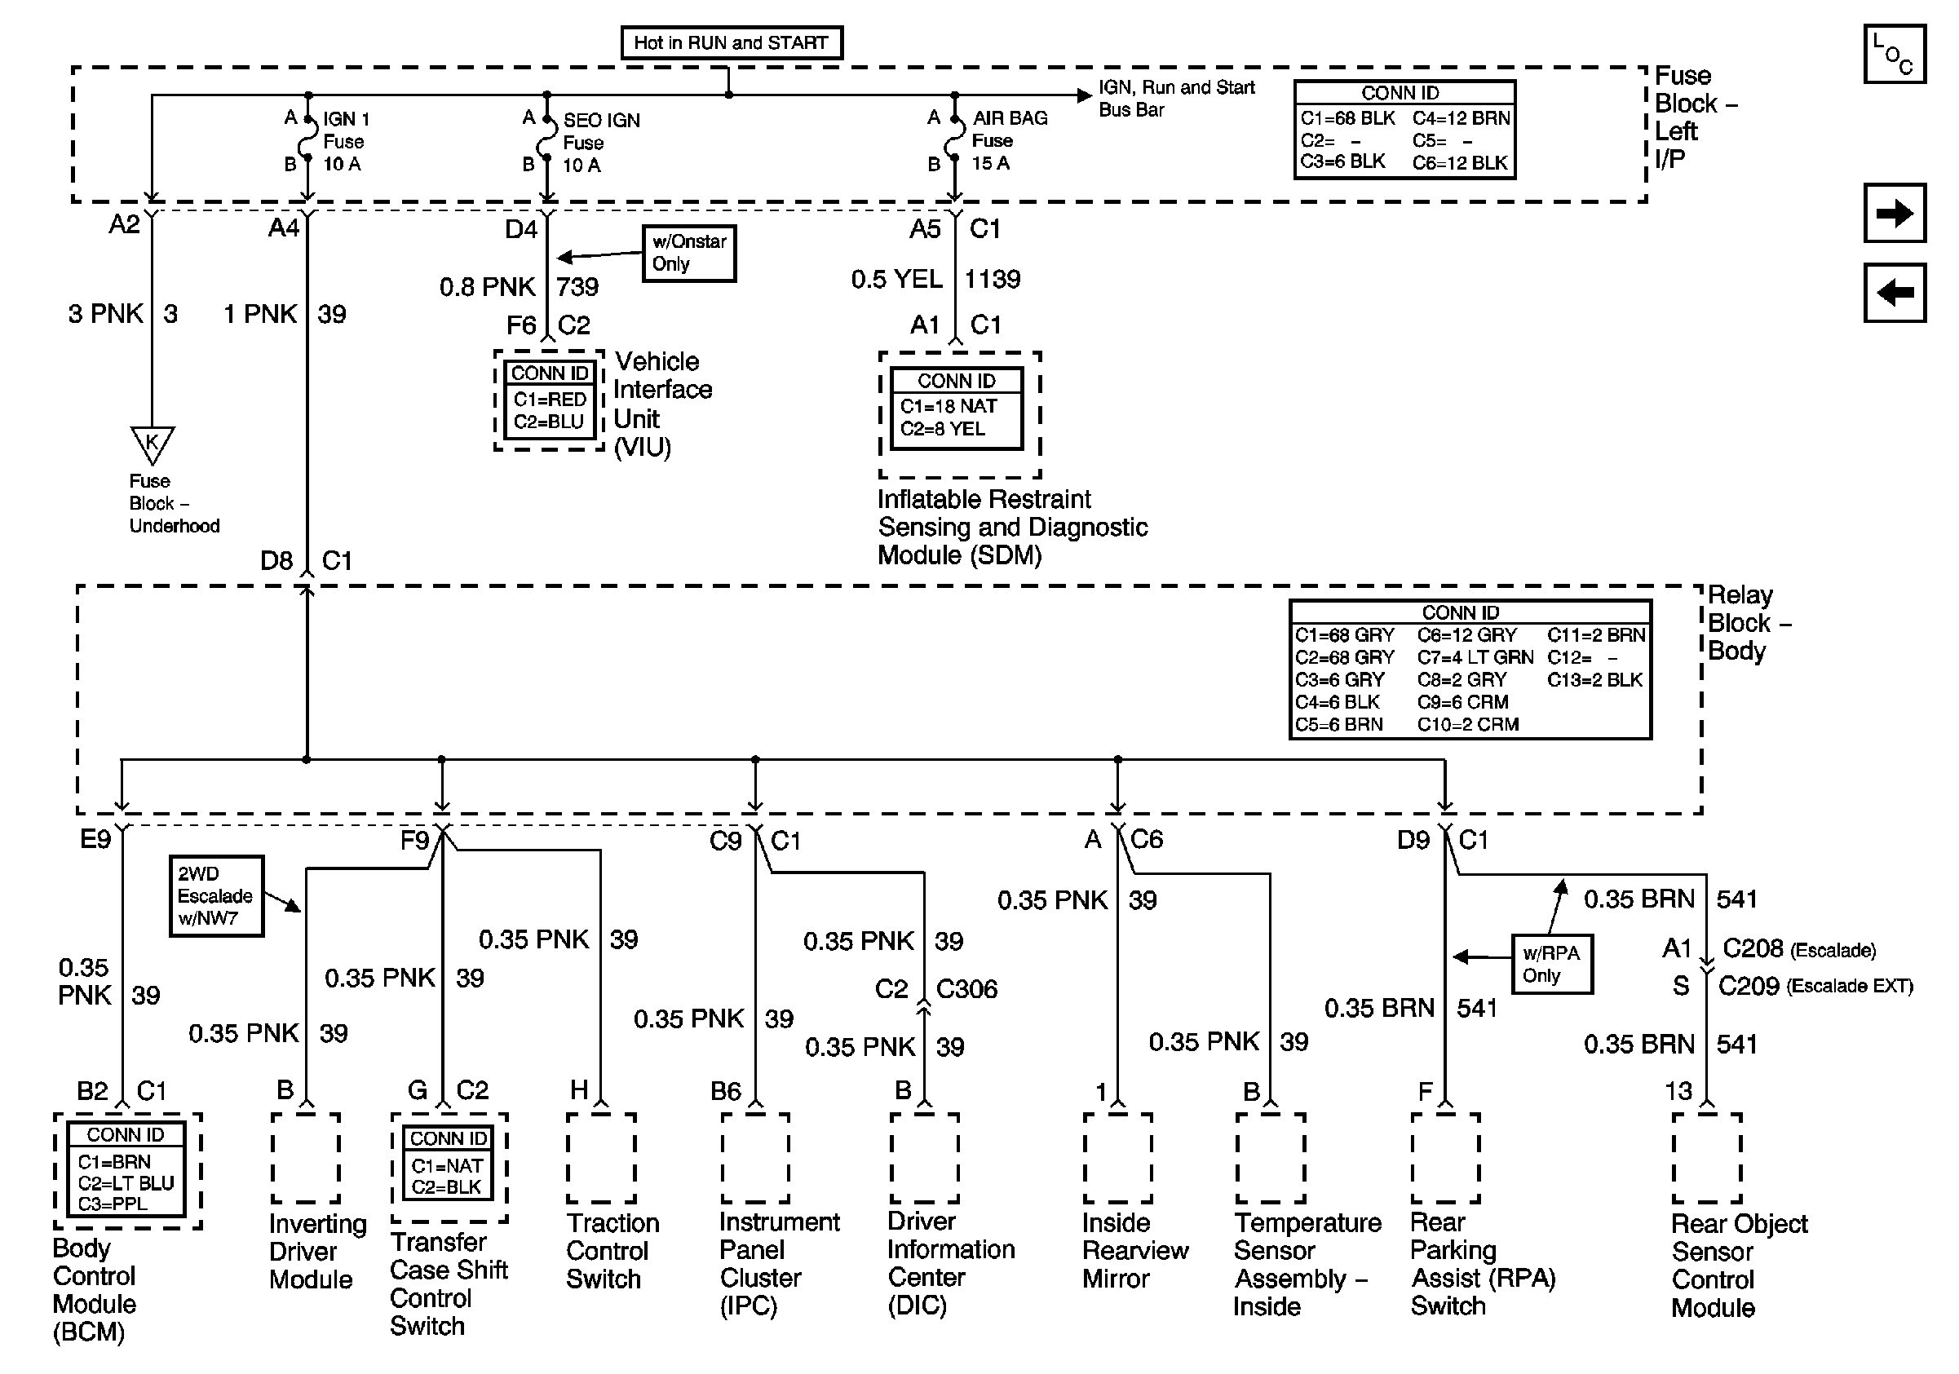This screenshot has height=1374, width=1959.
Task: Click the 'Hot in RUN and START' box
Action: (x=732, y=42)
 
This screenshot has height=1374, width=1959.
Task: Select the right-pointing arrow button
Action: (x=1894, y=213)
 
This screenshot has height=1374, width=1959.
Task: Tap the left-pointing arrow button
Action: (x=1894, y=294)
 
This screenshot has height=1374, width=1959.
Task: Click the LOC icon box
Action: (x=1894, y=55)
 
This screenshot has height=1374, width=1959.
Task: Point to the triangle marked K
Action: (x=152, y=443)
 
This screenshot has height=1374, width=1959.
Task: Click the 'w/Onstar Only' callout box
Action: (x=688, y=254)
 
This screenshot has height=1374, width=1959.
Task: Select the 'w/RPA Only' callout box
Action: (x=1551, y=965)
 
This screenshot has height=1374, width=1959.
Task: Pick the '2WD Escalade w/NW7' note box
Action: (x=216, y=896)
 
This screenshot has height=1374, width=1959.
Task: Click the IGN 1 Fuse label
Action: (x=346, y=142)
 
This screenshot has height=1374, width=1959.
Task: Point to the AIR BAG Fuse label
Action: (x=1010, y=141)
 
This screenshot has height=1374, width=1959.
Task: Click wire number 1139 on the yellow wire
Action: (x=993, y=280)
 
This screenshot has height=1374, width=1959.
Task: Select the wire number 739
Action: (x=577, y=287)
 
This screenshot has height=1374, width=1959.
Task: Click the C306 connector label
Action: (x=966, y=989)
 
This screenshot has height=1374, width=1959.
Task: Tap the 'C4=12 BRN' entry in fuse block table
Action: (x=1461, y=118)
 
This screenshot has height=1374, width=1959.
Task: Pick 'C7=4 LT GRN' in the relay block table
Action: (x=1475, y=657)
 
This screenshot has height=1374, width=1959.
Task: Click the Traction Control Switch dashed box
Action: (x=601, y=1157)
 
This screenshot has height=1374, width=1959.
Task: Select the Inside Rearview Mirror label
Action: (x=1134, y=1250)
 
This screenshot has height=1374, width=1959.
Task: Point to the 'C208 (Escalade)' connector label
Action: (x=1798, y=949)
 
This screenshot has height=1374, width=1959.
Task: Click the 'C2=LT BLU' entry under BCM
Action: (x=126, y=1184)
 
